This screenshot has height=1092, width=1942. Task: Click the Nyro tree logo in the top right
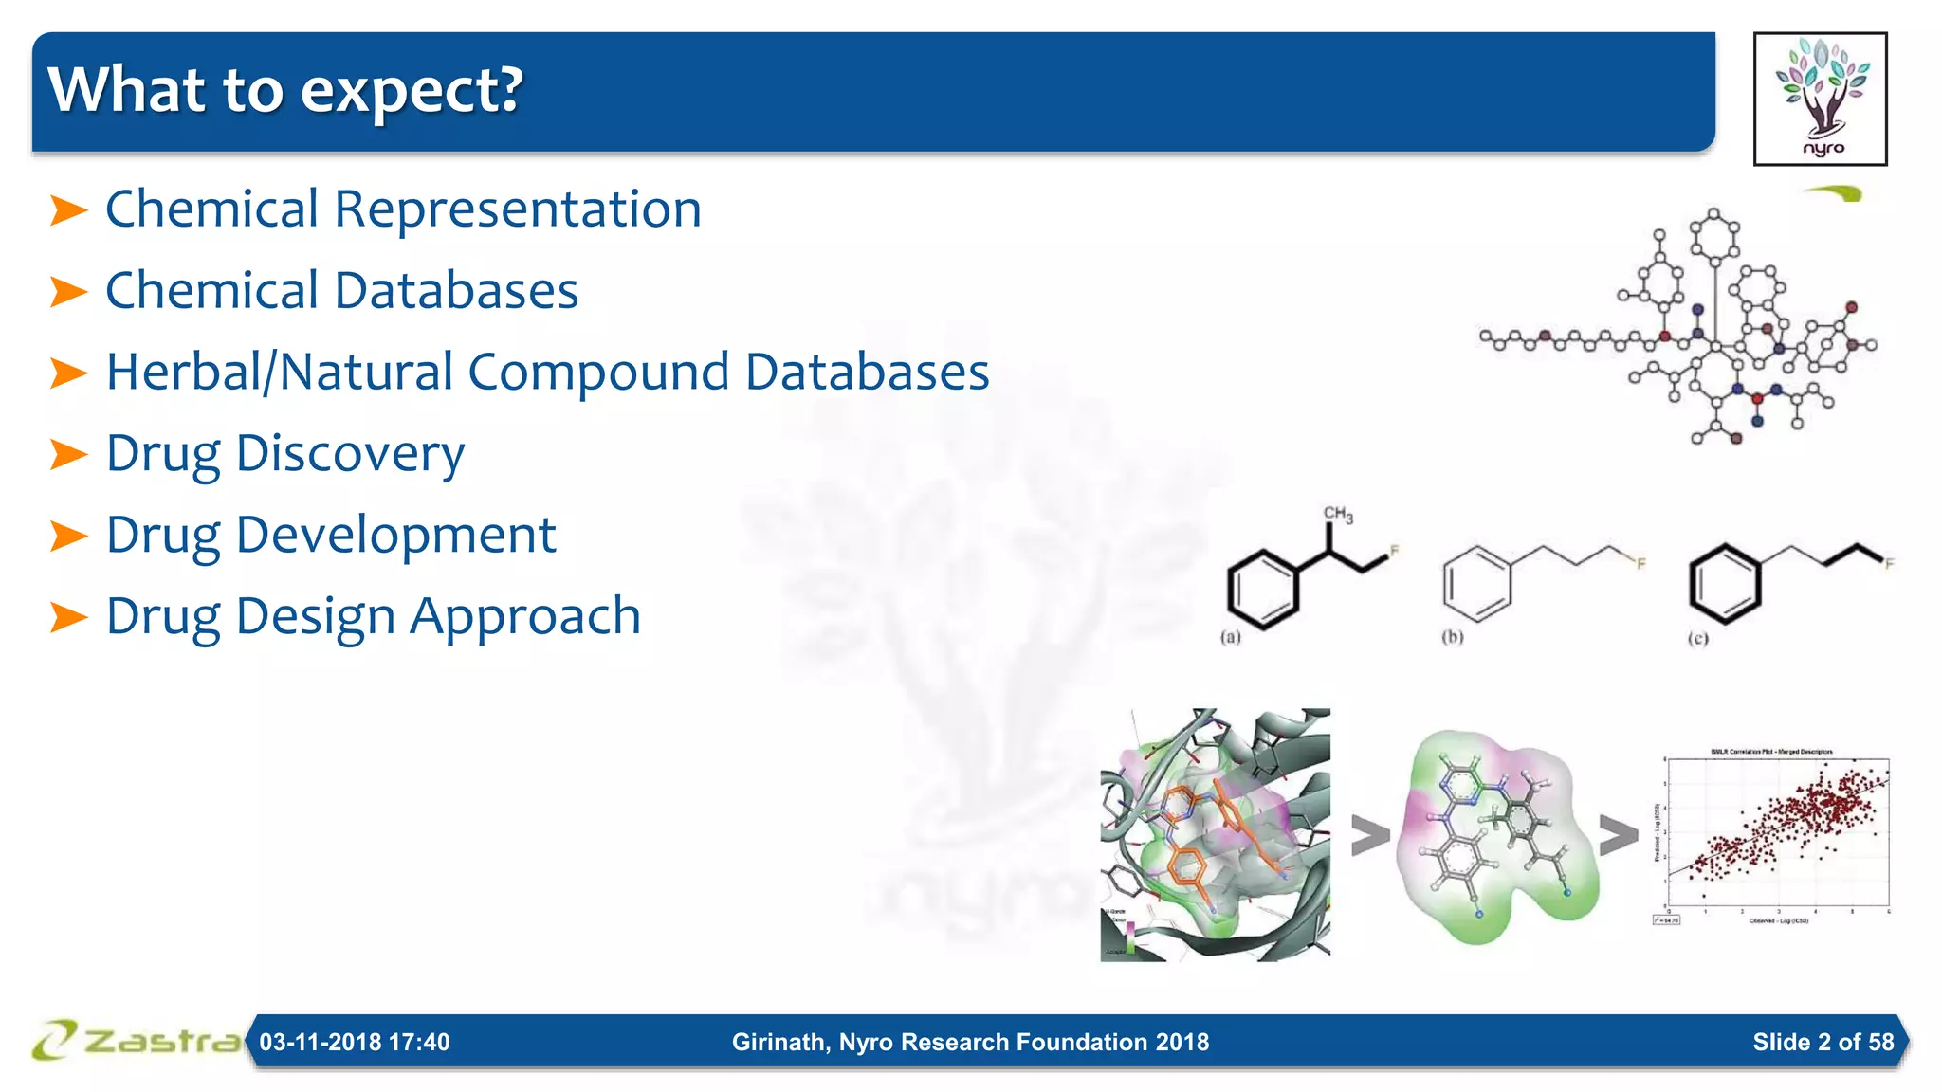[x=1820, y=99]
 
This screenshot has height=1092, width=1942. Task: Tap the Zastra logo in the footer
[x=137, y=1040]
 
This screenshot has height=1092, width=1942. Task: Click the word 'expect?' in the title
[x=412, y=91]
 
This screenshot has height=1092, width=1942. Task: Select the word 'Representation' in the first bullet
[x=518, y=209]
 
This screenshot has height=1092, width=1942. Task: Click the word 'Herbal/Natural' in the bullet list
[x=280, y=372]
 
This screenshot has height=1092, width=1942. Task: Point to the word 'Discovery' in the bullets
[x=350, y=453]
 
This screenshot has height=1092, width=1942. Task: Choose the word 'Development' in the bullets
[x=395, y=535]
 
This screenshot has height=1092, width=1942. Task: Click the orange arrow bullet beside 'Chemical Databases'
[x=68, y=291]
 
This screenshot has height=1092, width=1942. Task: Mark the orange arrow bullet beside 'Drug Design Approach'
[x=68, y=617]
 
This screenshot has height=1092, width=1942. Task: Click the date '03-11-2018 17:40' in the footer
[x=355, y=1042]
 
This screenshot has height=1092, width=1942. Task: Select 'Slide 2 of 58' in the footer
[x=1823, y=1042]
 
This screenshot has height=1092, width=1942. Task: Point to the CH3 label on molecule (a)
[x=1338, y=515]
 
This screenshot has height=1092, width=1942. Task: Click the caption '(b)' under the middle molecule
[x=1452, y=637]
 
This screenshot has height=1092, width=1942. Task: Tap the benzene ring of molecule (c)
[x=1725, y=584]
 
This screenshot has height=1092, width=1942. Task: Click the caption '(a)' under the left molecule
[x=1230, y=637]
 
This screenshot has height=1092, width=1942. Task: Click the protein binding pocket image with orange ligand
[x=1215, y=835]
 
